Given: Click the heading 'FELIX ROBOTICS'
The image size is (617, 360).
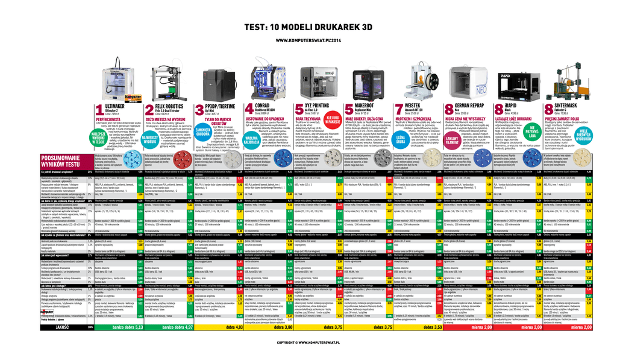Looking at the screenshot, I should coord(169,106).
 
